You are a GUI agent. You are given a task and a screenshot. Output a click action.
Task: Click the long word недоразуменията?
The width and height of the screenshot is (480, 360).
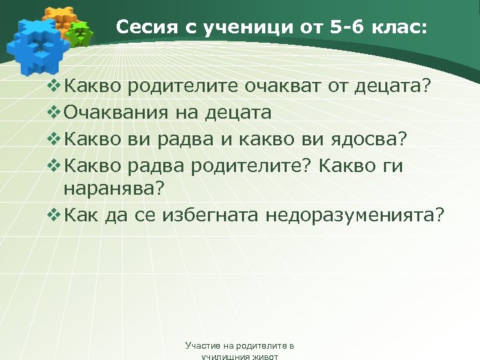(354, 215)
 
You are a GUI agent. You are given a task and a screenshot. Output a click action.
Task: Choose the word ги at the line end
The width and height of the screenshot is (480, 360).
(391, 166)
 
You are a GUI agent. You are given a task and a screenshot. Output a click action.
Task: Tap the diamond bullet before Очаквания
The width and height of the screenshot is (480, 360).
(55, 113)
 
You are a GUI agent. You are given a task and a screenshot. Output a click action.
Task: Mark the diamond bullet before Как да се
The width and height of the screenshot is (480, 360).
(55, 215)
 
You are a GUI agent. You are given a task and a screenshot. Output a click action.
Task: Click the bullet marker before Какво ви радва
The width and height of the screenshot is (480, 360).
(55, 139)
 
